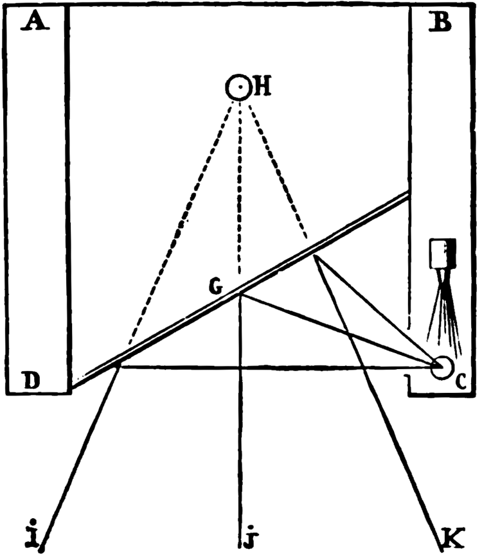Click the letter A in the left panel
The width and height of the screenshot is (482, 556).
[35, 21]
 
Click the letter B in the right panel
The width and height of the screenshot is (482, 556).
[440, 22]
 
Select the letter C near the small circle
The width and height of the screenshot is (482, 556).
[460, 382]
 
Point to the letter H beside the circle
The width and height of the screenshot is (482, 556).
[262, 86]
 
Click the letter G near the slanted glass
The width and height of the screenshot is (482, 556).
[215, 286]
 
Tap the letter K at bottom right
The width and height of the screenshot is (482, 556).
[453, 537]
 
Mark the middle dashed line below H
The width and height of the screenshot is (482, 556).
[240, 188]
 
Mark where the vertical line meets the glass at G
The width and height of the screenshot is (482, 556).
[240, 294]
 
